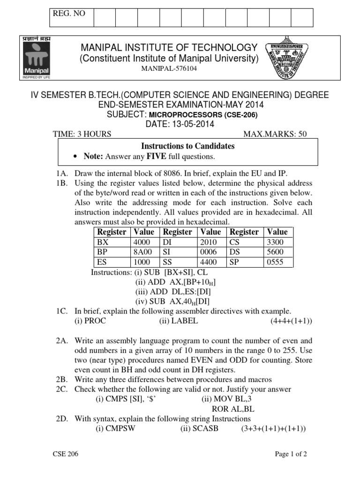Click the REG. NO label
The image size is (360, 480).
pos(69,14)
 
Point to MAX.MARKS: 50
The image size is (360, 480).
pos(275,135)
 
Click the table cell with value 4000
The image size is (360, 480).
pos(142,242)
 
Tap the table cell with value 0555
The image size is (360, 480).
pos(275,262)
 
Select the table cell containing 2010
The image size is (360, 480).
pos(209,242)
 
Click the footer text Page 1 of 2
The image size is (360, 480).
pos(291,454)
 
